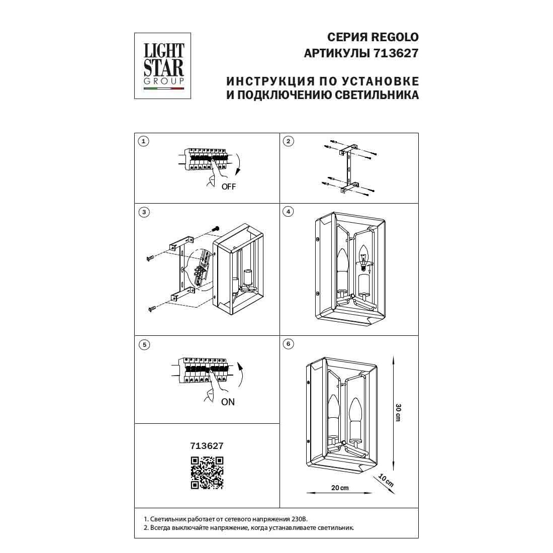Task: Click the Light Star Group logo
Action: click(x=162, y=66)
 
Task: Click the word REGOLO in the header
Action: click(x=395, y=37)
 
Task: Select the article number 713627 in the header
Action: click(x=396, y=53)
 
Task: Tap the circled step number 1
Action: click(x=143, y=141)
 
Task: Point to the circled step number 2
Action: click(x=289, y=141)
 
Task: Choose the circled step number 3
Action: click(x=144, y=212)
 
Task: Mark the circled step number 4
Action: click(x=289, y=212)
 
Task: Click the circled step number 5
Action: click(x=144, y=344)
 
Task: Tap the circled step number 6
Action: click(x=289, y=344)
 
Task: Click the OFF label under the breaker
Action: click(x=229, y=187)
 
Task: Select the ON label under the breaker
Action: click(x=228, y=402)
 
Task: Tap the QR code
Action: click(x=207, y=473)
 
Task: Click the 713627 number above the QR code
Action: click(x=207, y=446)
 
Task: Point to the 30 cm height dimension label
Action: click(x=398, y=412)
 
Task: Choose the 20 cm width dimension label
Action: click(x=340, y=488)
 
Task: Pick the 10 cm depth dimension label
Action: click(x=386, y=480)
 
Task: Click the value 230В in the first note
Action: click(x=300, y=519)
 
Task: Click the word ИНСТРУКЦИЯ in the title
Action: click(x=270, y=81)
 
